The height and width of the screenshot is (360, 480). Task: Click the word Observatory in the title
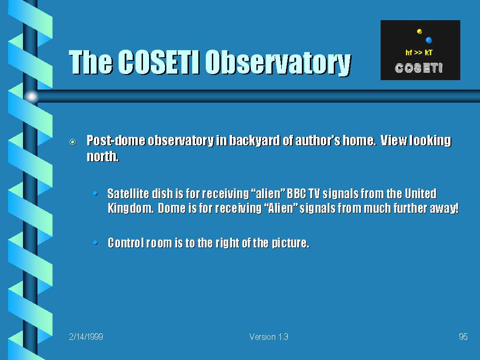coord(278,63)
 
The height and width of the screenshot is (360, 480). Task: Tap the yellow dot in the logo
coord(420,31)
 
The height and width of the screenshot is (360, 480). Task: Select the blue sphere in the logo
coord(428,40)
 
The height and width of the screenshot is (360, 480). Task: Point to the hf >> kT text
coord(419,52)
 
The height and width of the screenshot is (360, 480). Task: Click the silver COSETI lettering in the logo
coord(419,68)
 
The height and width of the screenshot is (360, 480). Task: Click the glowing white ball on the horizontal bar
coord(31,97)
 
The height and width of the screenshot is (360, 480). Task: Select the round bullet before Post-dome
coord(73,142)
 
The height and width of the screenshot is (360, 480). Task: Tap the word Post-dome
coord(116,141)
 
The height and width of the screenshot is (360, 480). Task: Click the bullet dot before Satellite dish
coord(96,194)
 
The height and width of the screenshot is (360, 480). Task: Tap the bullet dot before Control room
coord(96,243)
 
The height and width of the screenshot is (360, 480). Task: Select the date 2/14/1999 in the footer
coord(86,337)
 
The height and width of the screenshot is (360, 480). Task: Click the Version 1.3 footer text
coord(269,337)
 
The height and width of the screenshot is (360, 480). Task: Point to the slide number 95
coord(463,337)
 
